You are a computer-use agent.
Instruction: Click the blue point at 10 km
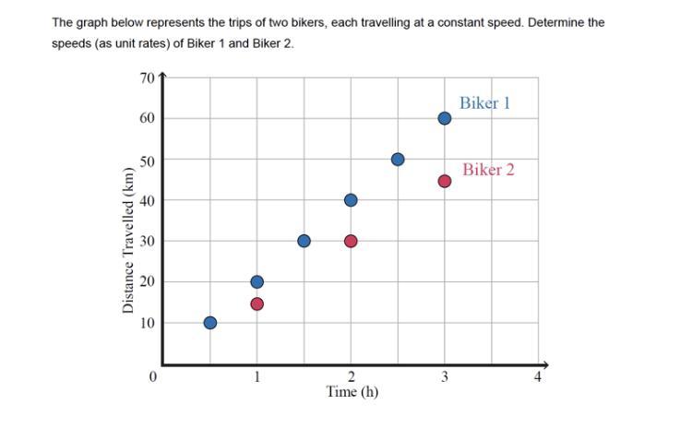(210, 323)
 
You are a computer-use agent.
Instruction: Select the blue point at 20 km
(257, 281)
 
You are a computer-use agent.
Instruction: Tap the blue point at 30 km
(304, 241)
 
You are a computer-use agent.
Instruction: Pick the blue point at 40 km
(351, 200)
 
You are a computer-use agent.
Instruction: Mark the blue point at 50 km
(398, 160)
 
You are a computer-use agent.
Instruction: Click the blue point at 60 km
(444, 118)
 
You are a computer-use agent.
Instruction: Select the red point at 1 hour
(257, 304)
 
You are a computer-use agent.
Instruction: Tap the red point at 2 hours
(351, 241)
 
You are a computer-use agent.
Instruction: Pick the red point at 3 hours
(444, 181)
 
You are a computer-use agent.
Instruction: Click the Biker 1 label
(484, 103)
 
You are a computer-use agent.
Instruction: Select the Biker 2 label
(488, 170)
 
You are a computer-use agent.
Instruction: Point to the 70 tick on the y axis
(148, 77)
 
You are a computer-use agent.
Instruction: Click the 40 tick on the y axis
(148, 200)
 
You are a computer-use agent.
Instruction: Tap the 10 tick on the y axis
(148, 323)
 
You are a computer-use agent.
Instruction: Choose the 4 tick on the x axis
(538, 375)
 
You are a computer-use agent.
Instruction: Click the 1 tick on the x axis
(257, 375)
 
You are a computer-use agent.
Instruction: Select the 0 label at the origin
(153, 375)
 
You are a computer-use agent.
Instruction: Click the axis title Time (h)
(352, 391)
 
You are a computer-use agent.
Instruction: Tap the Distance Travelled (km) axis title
(128, 240)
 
